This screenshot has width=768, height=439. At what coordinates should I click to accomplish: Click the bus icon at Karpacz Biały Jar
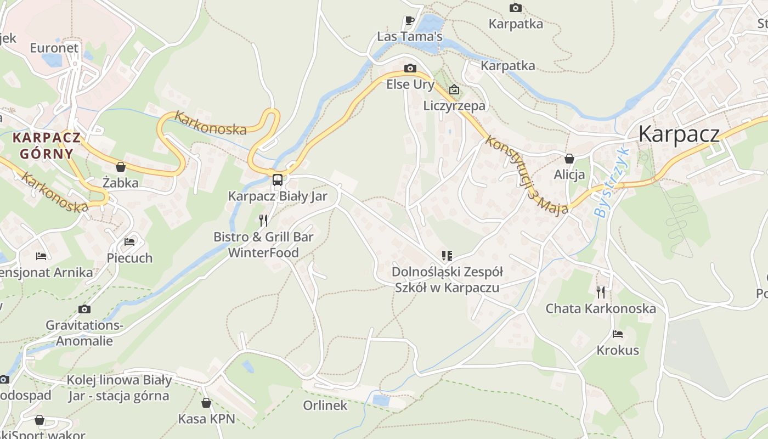pyautogui.click(x=278, y=179)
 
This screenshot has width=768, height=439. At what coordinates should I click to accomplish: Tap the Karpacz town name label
pyautogui.click(x=679, y=134)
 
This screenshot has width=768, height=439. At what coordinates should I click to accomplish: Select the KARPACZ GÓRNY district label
pyautogui.click(x=47, y=145)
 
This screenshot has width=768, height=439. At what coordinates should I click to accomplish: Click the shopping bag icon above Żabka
pyautogui.click(x=121, y=166)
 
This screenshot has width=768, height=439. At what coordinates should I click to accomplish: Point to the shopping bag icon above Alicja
pyautogui.click(x=569, y=159)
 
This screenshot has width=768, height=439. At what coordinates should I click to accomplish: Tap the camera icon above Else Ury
pyautogui.click(x=410, y=68)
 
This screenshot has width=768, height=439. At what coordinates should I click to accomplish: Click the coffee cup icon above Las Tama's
pyautogui.click(x=409, y=20)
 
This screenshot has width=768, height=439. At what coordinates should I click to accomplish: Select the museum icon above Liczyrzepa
pyautogui.click(x=454, y=89)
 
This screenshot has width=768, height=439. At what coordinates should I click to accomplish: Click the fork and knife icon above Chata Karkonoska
pyautogui.click(x=601, y=292)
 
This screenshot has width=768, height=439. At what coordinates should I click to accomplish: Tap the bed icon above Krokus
pyautogui.click(x=618, y=334)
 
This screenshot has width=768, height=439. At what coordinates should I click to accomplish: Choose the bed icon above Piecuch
pyautogui.click(x=129, y=241)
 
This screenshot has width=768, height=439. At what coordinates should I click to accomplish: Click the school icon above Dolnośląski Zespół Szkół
pyautogui.click(x=447, y=256)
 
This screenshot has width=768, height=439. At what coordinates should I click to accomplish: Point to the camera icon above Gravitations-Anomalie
pyautogui.click(x=84, y=309)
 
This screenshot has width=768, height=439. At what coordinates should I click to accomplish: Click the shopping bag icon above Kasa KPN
pyautogui.click(x=206, y=403)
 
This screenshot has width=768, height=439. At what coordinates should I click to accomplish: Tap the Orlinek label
pyautogui.click(x=325, y=406)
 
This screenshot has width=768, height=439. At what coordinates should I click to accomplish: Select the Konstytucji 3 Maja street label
pyautogui.click(x=526, y=176)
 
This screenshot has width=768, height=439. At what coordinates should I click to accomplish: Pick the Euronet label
pyautogui.click(x=54, y=48)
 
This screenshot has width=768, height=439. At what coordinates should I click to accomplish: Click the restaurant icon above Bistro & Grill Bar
pyautogui.click(x=263, y=221)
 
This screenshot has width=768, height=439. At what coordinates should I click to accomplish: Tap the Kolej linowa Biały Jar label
pyautogui.click(x=119, y=387)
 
